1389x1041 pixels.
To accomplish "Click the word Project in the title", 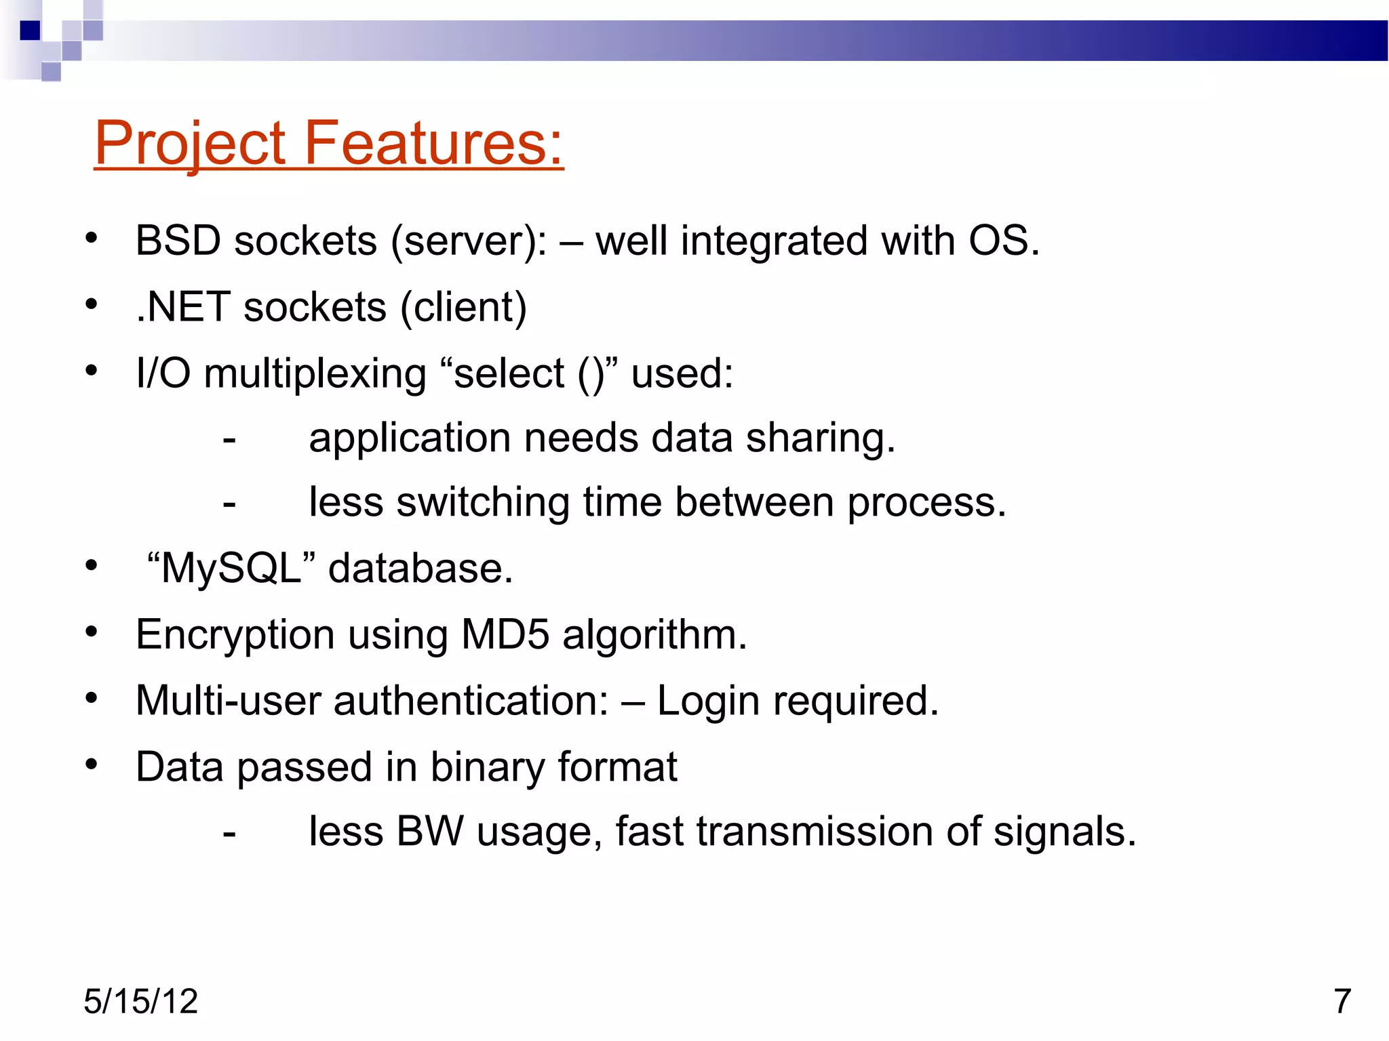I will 191,143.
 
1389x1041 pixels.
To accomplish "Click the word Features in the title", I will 434,143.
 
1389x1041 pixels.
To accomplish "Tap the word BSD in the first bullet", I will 178,241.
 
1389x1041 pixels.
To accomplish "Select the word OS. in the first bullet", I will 1003,241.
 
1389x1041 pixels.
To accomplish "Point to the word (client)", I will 463,307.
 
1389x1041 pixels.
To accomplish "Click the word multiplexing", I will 315,374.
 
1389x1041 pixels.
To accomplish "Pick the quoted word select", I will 509,374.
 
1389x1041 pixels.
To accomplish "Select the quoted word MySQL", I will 231,568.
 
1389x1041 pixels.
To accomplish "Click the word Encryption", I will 235,636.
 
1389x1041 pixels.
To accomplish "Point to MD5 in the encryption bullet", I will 505,634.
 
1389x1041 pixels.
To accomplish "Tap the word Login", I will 708,701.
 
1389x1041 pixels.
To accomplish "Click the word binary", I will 487,767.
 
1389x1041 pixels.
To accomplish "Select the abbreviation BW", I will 430,832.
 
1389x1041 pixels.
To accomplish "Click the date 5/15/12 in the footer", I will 140,1002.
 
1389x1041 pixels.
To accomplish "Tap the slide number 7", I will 1342,1002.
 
